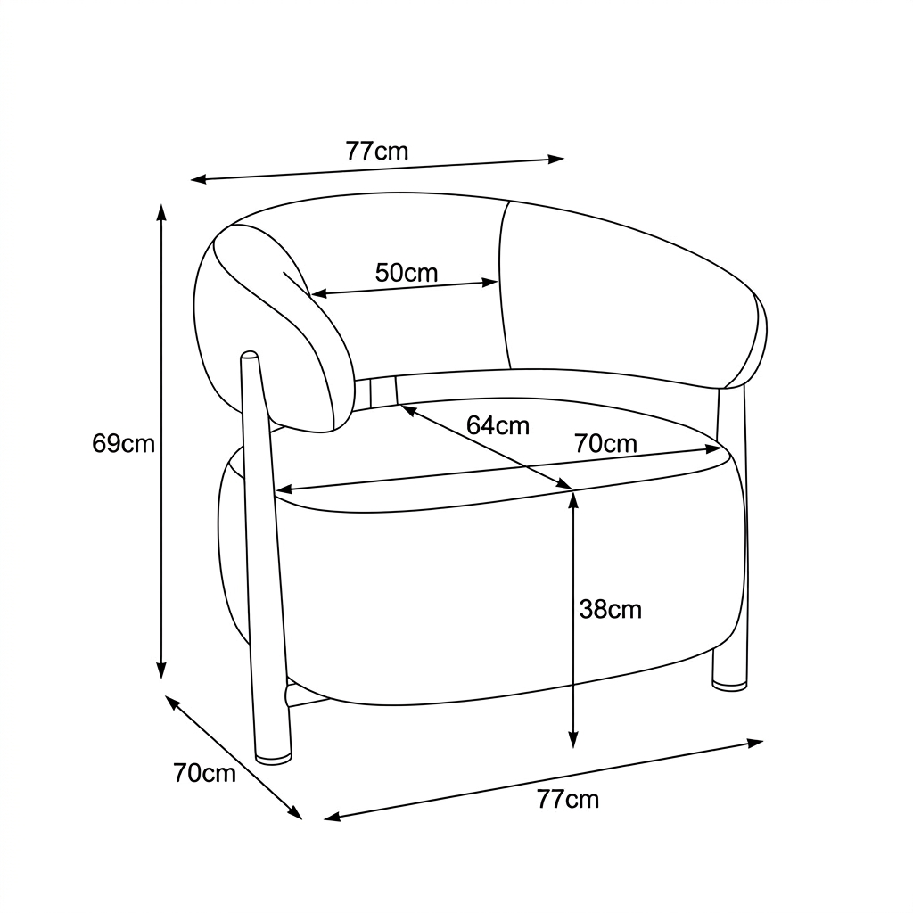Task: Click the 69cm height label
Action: point(123,444)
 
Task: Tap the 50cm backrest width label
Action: point(406,273)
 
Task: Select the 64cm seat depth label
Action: point(498,425)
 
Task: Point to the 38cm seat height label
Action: point(610,610)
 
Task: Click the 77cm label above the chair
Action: point(377,151)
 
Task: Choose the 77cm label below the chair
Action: point(568,799)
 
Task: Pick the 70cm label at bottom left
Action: point(204,773)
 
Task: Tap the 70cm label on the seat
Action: point(605,444)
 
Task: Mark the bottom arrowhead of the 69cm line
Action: point(162,670)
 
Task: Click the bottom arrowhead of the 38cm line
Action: point(573,739)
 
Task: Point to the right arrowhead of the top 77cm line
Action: point(556,159)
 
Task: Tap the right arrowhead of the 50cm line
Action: point(489,283)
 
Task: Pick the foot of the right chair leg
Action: point(729,685)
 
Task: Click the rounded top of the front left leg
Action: point(250,356)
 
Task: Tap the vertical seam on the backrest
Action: point(505,285)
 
